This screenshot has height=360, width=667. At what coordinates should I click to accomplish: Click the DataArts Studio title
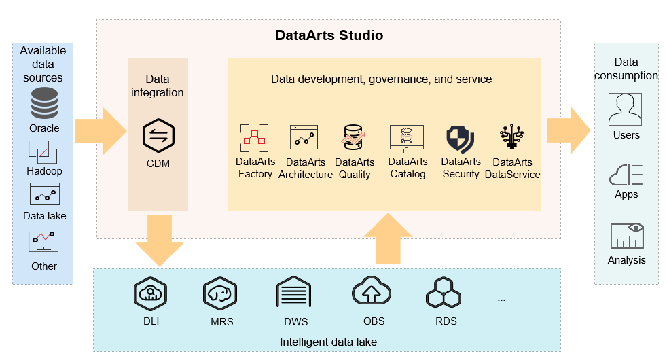click(329, 35)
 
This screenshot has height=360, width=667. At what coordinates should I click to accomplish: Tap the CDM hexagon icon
click(158, 136)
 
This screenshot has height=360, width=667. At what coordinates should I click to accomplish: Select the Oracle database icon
click(44, 103)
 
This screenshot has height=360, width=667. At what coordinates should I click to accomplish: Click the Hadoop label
click(44, 171)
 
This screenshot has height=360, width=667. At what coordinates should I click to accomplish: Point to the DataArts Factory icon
click(255, 139)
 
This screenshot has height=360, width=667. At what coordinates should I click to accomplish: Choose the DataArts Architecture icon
click(304, 137)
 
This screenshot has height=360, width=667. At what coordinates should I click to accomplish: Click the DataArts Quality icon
click(353, 137)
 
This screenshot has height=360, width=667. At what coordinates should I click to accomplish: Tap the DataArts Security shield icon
click(461, 139)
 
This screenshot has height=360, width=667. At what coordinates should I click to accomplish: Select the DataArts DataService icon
click(511, 137)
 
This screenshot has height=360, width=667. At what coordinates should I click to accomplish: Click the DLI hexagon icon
click(150, 293)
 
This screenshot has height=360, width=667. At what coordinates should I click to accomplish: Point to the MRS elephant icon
click(220, 293)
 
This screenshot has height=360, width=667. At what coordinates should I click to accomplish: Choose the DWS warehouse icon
click(294, 292)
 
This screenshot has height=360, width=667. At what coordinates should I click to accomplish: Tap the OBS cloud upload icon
click(372, 291)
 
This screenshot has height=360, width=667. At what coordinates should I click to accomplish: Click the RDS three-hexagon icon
click(444, 293)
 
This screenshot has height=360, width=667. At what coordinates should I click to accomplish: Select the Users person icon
click(625, 109)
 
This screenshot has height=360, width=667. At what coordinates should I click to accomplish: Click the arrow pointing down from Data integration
click(160, 241)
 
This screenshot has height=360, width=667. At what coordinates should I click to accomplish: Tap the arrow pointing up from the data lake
click(388, 238)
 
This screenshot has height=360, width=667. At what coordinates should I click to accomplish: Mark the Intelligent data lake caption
click(328, 342)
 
